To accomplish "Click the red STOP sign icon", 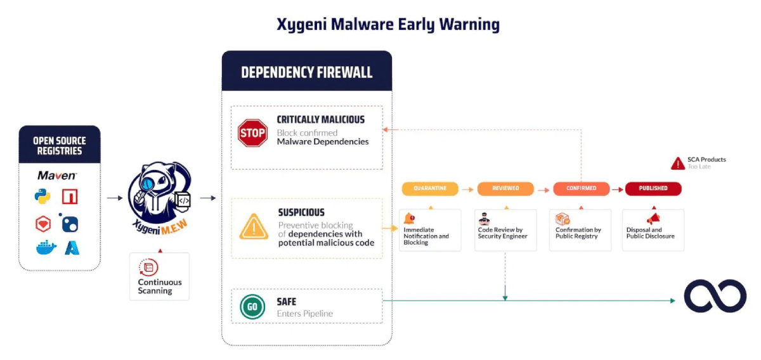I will point(252,133).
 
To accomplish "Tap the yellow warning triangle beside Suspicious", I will point(254,226).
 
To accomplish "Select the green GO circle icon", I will point(252,307).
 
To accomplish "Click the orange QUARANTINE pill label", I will point(430,188).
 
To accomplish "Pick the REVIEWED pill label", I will point(505,188).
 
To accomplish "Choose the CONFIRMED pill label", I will point(581,188).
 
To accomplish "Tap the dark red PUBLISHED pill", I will point(653,188).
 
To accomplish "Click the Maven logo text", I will point(57,176).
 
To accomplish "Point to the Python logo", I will point(42,197).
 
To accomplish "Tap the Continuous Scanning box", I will point(159,277).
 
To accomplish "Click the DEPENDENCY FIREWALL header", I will point(306,72).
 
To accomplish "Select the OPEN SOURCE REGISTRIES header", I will point(60,146).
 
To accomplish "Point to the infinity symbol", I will point(715,296).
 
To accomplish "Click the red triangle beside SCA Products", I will point(677,164).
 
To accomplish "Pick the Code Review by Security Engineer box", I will point(505,229).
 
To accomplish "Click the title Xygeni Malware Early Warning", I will point(388,25).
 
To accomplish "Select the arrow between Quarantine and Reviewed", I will point(467,188).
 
